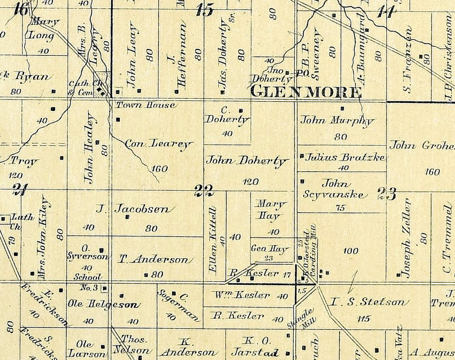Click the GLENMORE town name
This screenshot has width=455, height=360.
click(305, 92)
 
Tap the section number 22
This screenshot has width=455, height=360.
click(204, 190)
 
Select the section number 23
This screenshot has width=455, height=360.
click(386, 194)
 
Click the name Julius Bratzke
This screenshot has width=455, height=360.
click(345, 157)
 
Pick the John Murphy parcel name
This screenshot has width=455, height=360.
click(337, 121)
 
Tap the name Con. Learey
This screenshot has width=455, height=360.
click(159, 144)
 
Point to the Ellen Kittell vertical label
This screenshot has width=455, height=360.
click(213, 240)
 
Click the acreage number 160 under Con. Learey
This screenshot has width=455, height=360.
click(160, 168)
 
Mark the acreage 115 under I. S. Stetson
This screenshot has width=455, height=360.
click(363, 319)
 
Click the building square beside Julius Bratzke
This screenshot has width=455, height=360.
click(302, 156)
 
